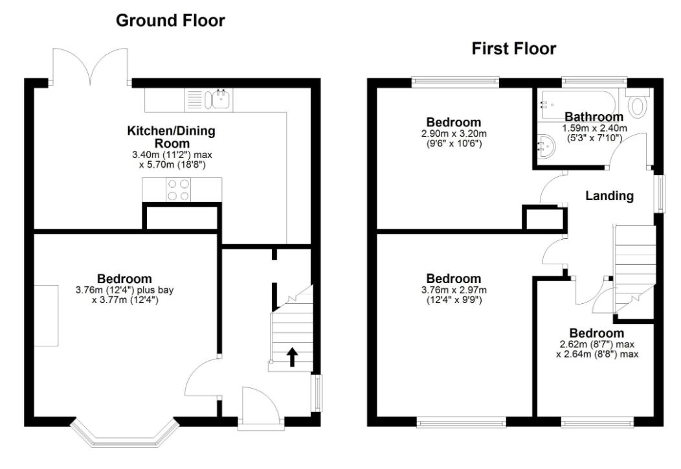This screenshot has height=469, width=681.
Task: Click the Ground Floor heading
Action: [170, 21]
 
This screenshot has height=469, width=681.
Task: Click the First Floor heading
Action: [513, 49]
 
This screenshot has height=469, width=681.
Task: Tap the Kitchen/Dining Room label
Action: [171, 137]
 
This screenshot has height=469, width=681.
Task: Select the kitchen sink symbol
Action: [212, 98]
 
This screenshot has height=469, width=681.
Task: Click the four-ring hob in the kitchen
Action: [179, 190]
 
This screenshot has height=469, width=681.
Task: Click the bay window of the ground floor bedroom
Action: [124, 432]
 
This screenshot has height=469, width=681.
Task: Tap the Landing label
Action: [609, 196]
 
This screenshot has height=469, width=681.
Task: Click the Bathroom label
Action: [593, 117]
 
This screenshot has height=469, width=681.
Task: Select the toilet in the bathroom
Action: [637, 106]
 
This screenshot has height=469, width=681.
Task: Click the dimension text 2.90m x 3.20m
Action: [453, 133]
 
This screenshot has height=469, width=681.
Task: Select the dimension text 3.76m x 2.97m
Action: [453, 290]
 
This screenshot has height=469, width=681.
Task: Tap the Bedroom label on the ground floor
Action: [125, 279]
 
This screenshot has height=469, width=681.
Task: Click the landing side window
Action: [659, 192]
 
